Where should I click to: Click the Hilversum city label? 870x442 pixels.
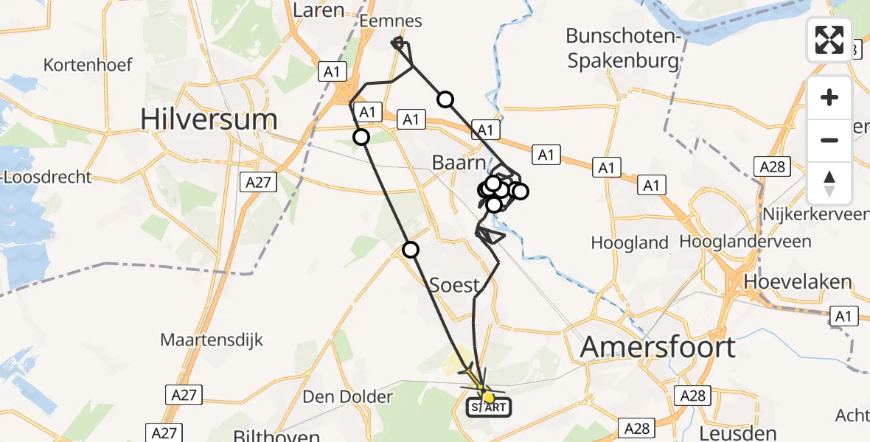(209, 119)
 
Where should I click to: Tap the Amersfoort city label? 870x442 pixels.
(658, 346)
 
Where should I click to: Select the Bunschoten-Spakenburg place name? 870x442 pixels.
(623, 48)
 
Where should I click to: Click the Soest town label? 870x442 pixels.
(455, 285)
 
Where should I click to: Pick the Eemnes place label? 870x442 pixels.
(391, 22)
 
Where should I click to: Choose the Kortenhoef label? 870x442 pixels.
(88, 65)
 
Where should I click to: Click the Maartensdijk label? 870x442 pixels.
(212, 340)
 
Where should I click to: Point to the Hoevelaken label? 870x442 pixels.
(798, 282)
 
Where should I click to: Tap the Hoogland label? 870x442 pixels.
(630, 242)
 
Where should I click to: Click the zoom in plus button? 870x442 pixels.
(829, 97)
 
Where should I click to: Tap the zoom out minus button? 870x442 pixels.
(829, 140)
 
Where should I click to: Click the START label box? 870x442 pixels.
(488, 407)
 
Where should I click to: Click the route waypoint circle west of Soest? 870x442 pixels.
(411, 250)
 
